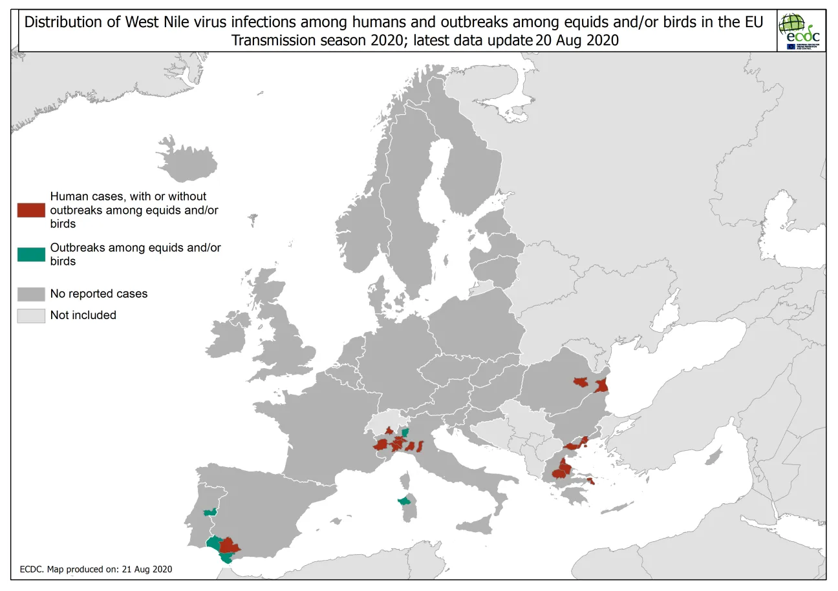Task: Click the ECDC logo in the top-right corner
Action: pos(800,32)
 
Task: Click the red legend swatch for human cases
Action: pos(31,210)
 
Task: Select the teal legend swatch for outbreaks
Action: pos(31,254)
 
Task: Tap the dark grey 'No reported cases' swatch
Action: pos(31,294)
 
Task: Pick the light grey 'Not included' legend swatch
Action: pos(31,315)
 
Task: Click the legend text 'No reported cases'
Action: pos(99,294)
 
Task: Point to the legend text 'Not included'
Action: pos(83,315)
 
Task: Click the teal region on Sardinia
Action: pos(404,501)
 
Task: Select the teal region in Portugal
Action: pos(209,512)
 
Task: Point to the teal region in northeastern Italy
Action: pos(405,431)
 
